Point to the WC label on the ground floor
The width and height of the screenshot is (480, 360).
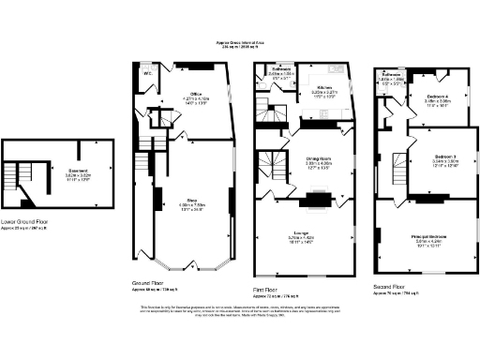point(147,72)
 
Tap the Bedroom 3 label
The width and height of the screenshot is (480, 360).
point(445,156)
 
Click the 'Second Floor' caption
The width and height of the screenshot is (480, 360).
point(389,287)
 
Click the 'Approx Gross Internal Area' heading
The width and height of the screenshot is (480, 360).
point(239,42)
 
